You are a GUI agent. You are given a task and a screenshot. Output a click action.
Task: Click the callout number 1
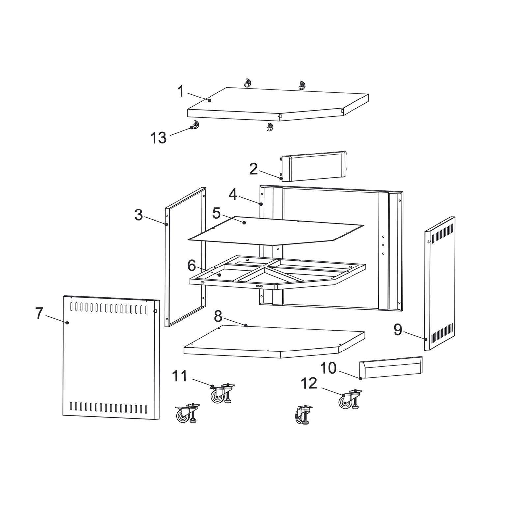coord(180,91)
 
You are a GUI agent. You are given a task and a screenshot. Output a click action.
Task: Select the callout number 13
coord(158,138)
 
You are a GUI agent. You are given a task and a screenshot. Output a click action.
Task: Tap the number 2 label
coord(253,169)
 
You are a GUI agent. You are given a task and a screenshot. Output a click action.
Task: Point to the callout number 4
coord(233,195)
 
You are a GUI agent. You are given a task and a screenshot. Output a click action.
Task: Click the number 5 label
coord(216,213)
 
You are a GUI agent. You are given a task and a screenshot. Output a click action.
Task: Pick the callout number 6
coord(192,265)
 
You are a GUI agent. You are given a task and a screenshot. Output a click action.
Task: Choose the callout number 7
coord(39,313)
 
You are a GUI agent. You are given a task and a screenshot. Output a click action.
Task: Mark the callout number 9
coord(398,329)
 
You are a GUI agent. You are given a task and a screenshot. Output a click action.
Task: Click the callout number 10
coord(328,368)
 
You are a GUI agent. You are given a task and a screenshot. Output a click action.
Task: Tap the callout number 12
coord(309,383)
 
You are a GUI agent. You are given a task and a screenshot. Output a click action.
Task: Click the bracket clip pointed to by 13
coord(195,125)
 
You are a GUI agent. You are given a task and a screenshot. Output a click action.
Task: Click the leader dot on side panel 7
coord(67,323)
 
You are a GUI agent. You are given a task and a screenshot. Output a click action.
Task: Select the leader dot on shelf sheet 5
coord(244,223)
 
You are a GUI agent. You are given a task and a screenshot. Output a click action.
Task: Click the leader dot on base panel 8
coord(246,325)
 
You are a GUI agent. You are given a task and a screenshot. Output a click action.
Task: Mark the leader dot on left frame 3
coord(167,224)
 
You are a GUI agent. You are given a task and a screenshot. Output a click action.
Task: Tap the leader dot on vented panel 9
coord(426,339)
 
